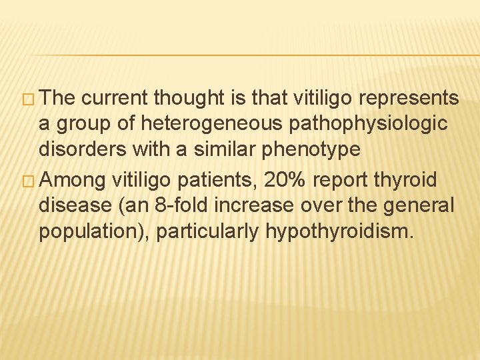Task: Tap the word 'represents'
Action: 409,99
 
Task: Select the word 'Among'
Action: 77,179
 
